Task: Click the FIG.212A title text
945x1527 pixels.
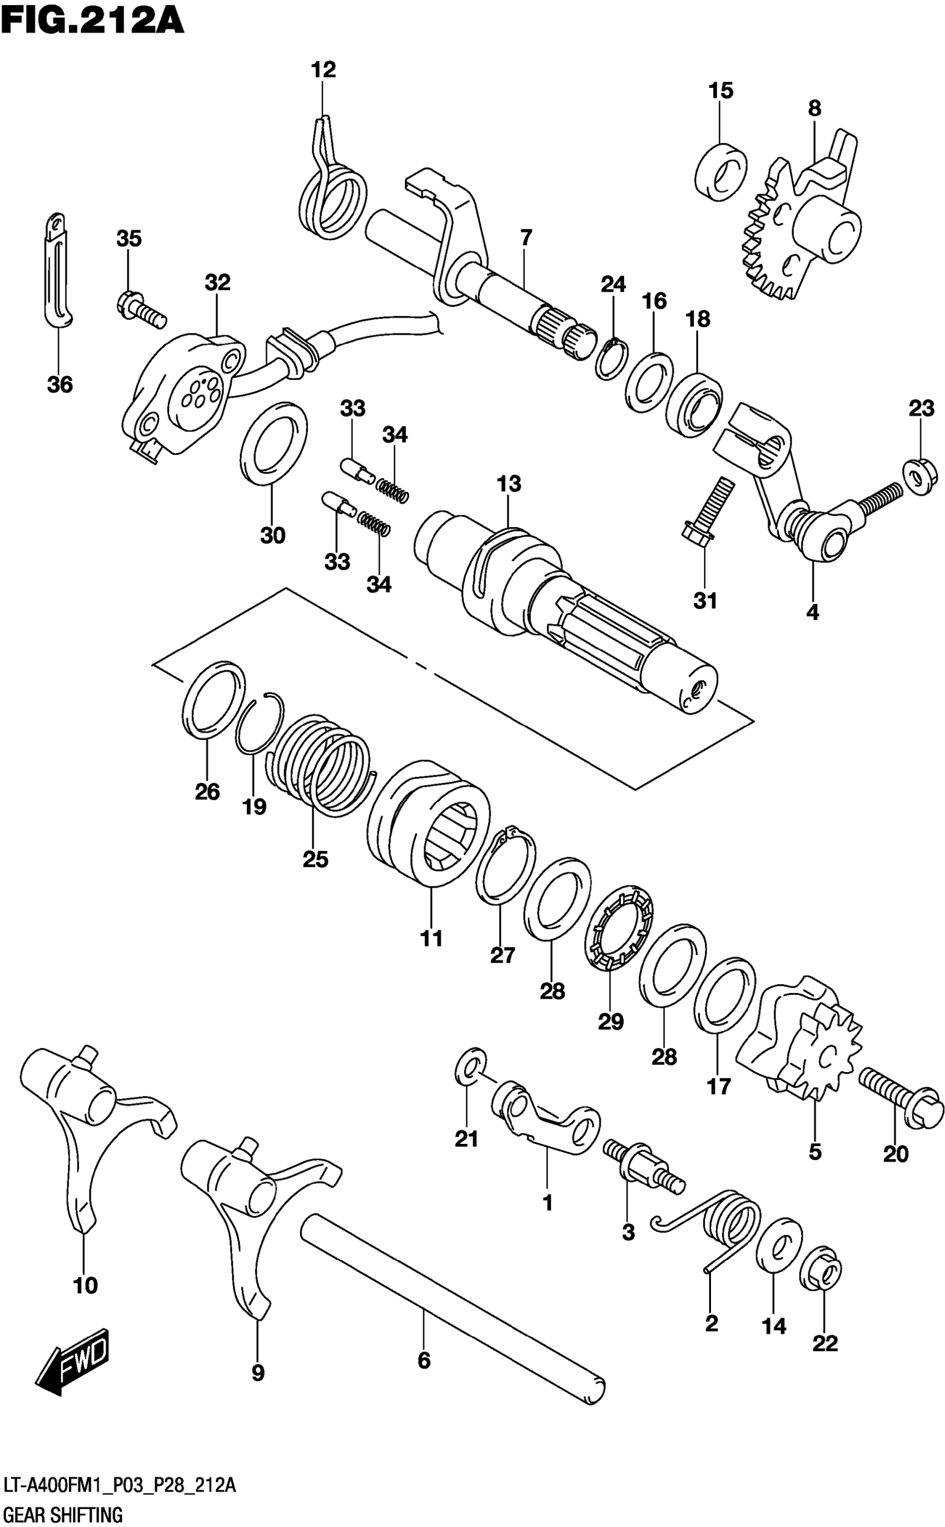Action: point(92,20)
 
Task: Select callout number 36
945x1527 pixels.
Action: point(60,384)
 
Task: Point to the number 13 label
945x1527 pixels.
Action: point(509,484)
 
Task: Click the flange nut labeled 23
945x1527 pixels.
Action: point(920,477)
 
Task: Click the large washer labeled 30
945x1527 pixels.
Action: point(273,443)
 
